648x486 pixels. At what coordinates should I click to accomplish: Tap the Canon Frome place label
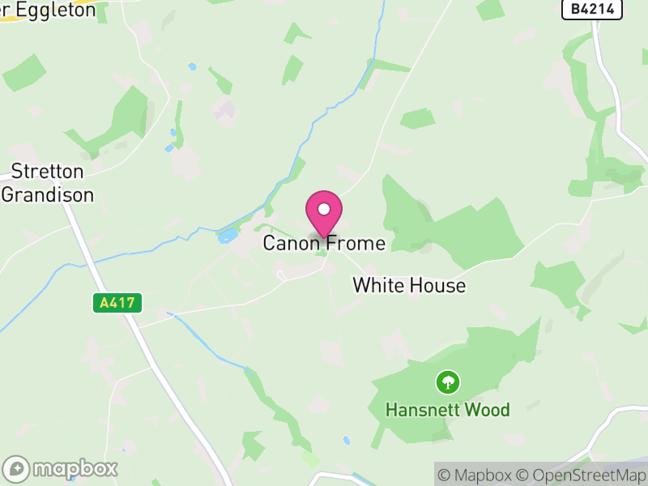tap(324, 243)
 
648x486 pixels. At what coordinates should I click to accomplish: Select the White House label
tap(409, 285)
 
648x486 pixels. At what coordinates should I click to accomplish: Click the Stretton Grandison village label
tap(48, 183)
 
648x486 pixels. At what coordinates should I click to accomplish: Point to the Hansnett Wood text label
tap(447, 410)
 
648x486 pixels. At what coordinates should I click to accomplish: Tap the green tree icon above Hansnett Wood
tap(447, 381)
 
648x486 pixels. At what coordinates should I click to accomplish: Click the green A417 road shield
tap(117, 303)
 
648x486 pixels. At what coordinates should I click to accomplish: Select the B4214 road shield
tap(592, 9)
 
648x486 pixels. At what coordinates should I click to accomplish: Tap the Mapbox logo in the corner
tap(61, 468)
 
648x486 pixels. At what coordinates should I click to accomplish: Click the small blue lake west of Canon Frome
tap(228, 236)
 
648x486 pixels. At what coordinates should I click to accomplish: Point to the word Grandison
tap(48, 194)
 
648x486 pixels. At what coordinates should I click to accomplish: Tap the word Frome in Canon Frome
tap(358, 243)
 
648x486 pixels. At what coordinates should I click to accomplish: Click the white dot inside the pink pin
tap(324, 209)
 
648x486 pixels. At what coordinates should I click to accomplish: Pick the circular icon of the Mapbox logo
tap(17, 468)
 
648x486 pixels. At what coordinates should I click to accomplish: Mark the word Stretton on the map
tap(48, 172)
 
